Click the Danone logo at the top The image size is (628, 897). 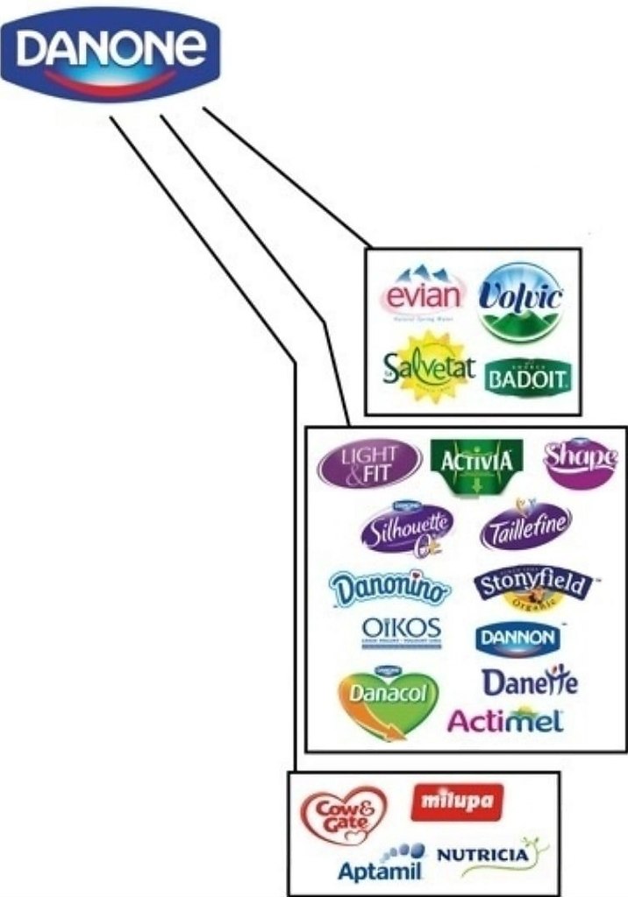(111, 52)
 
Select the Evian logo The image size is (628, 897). (423, 295)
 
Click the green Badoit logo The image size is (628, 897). (528, 378)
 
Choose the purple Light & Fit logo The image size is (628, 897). (368, 463)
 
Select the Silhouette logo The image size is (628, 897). (408, 528)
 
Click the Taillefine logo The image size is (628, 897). (525, 526)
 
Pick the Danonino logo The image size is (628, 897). (390, 588)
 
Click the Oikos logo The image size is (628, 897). (402, 632)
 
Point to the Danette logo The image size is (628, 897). (530, 682)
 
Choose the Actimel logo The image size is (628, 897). (506, 720)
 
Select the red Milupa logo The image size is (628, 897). (457, 801)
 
